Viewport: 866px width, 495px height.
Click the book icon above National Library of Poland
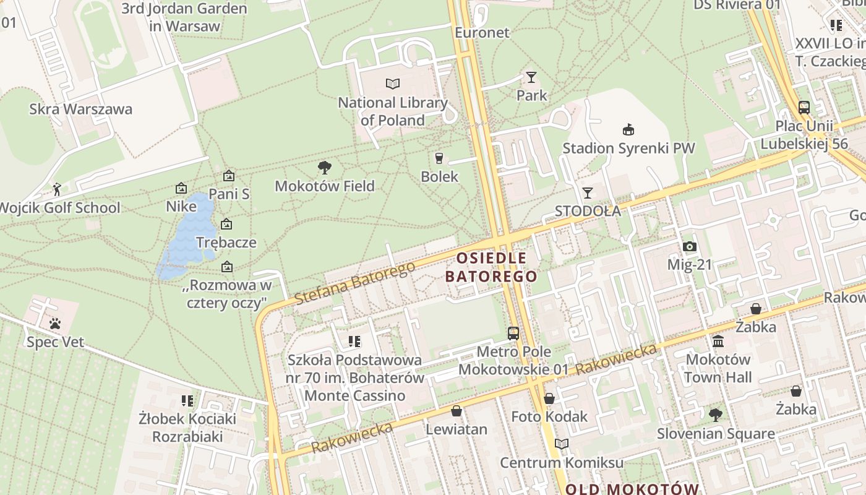click(392, 84)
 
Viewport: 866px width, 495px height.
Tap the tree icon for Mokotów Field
click(324, 167)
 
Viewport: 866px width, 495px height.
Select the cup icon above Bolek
click(439, 158)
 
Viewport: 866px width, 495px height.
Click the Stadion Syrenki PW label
click(628, 148)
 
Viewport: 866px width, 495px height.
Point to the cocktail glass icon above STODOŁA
click(587, 192)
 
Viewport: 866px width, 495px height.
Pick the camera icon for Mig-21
click(690, 246)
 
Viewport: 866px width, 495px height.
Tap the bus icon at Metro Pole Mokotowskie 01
click(513, 334)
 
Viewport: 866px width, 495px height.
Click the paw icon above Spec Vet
click(55, 323)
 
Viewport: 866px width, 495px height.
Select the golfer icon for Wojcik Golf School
click(57, 189)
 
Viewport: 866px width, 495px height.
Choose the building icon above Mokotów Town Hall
click(718, 341)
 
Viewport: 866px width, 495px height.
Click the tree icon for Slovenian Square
click(716, 415)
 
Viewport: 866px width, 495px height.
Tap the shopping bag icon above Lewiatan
click(457, 411)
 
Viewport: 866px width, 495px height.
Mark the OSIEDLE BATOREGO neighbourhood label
click(492, 267)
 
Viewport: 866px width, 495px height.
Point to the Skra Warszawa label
click(80, 110)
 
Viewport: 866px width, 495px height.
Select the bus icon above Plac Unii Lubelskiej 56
click(804, 107)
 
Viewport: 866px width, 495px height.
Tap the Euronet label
click(482, 32)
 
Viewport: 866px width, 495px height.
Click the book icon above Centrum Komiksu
click(561, 444)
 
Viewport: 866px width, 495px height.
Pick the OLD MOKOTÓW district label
click(632, 488)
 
